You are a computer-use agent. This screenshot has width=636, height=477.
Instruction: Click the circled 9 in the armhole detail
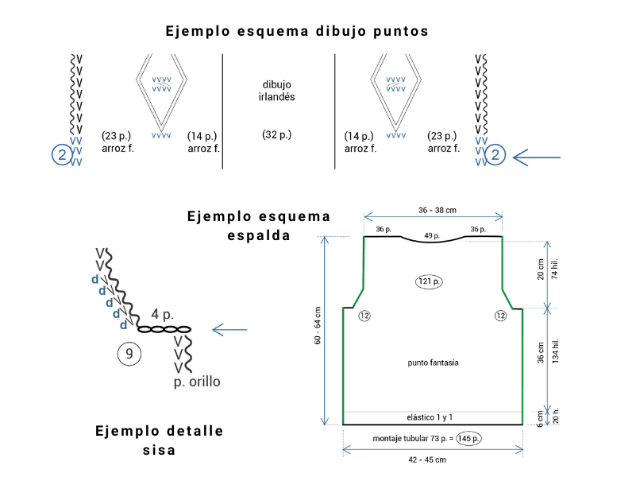129,354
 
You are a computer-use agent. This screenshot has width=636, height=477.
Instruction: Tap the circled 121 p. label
429,281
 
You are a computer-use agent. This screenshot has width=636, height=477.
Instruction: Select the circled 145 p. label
468,438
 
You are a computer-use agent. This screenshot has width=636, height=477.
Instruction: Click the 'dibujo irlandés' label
276,91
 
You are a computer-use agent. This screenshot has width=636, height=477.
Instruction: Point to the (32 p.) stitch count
276,135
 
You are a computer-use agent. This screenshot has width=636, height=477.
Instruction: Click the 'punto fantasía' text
433,363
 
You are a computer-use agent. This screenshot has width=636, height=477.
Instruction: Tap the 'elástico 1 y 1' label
430,417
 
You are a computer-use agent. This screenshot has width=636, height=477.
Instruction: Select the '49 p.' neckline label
432,235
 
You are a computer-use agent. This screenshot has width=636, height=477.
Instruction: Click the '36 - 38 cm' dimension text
437,211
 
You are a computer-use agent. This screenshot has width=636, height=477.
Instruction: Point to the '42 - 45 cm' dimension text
427,460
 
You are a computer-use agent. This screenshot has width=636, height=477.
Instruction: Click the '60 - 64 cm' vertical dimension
318,326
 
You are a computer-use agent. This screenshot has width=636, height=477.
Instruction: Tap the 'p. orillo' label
197,382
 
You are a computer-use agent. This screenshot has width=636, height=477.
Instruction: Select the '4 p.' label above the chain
162,314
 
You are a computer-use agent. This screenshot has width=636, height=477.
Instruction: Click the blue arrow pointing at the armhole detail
229,330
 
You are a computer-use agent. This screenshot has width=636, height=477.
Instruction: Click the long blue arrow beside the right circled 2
537,157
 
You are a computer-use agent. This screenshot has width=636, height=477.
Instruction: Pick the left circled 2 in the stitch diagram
62,155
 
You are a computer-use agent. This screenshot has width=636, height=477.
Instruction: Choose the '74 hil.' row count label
555,269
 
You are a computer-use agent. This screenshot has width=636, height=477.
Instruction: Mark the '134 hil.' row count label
555,351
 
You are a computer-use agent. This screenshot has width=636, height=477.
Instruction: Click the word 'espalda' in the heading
259,236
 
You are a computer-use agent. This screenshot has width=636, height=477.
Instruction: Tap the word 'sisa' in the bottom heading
159,450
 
